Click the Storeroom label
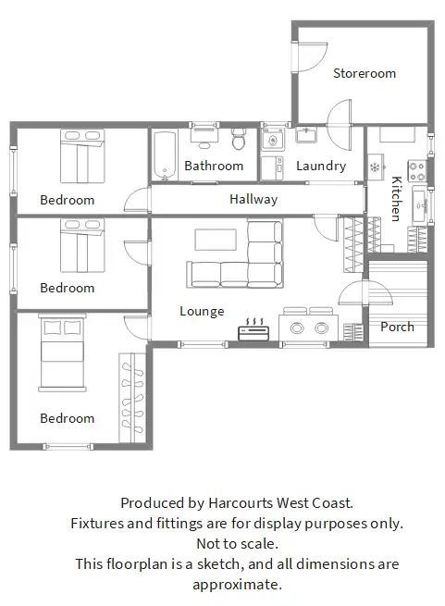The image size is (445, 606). point(365,73)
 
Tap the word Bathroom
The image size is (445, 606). point(214,167)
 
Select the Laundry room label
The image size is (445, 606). point(321,167)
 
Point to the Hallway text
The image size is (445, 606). point(253,199)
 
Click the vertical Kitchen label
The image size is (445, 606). point(396,199)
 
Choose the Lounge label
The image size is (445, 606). point(202,311)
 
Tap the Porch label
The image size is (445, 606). point(397,327)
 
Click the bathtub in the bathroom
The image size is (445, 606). point(166,155)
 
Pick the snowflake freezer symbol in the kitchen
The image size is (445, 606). point(375,167)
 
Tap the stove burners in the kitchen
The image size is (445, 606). point(417,170)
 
